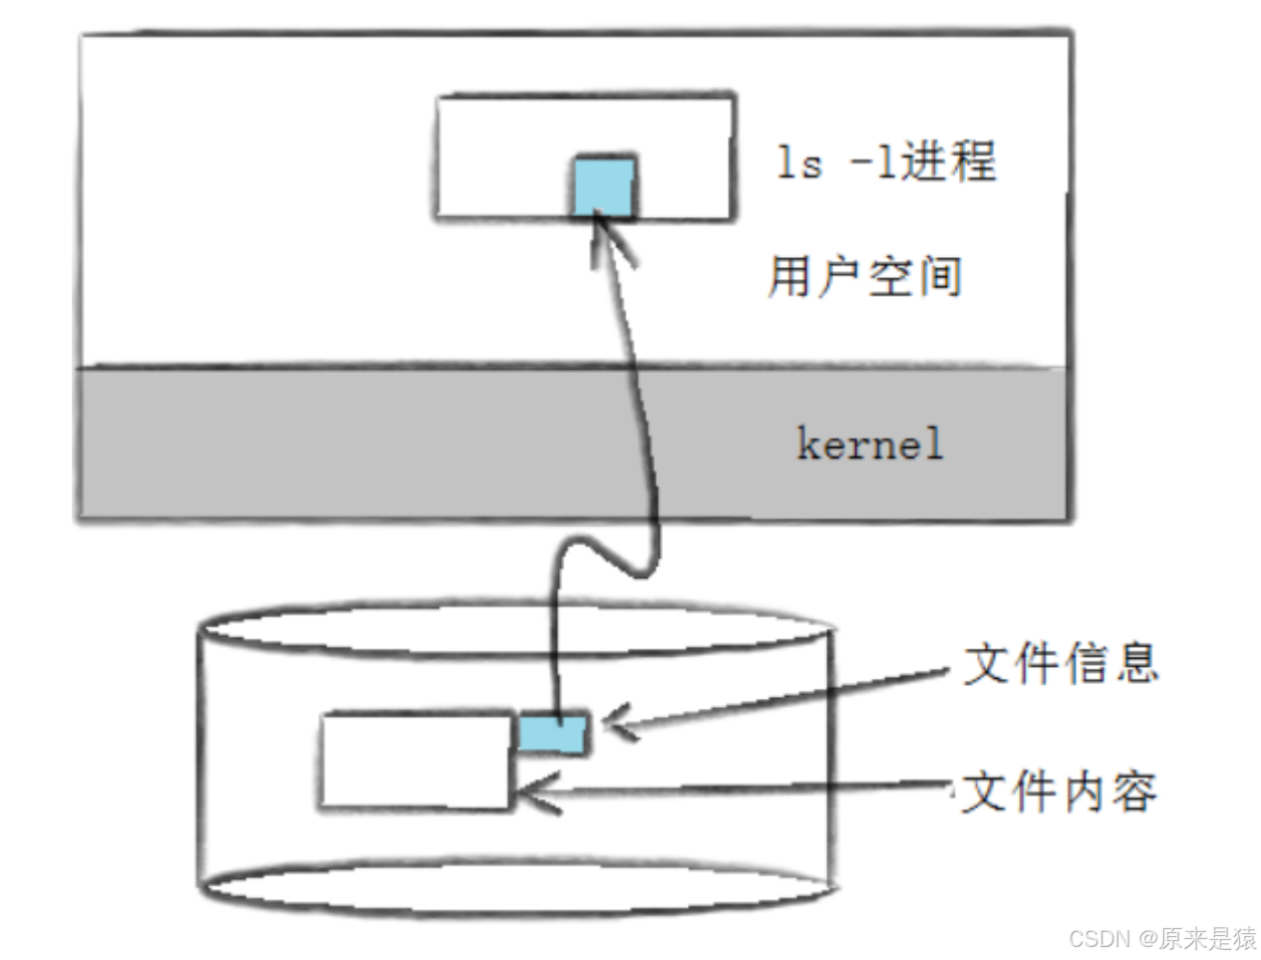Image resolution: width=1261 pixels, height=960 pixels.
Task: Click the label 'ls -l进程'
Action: click(x=886, y=161)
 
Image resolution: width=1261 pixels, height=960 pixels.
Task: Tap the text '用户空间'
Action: click(x=864, y=276)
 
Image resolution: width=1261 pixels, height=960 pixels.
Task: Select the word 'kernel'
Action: click(x=869, y=444)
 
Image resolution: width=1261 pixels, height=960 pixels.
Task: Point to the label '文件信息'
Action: click(x=1061, y=663)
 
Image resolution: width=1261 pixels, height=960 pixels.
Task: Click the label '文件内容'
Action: click(x=1059, y=792)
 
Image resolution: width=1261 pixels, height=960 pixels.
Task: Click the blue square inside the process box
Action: click(x=603, y=185)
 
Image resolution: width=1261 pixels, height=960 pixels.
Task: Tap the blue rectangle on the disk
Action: click(x=552, y=734)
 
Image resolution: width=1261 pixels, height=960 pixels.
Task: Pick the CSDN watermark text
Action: click(x=1162, y=938)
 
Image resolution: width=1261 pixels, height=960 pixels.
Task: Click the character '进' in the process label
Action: click(x=923, y=161)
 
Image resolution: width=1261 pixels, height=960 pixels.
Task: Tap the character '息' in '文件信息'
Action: click(x=1136, y=663)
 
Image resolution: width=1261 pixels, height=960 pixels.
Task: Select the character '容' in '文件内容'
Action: click(x=1134, y=792)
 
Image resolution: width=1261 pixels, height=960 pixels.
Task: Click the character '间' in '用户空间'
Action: click(x=939, y=276)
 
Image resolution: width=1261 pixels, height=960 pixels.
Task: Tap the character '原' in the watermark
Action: click(x=1172, y=938)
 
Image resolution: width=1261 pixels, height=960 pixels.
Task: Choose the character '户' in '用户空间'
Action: click(x=839, y=276)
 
